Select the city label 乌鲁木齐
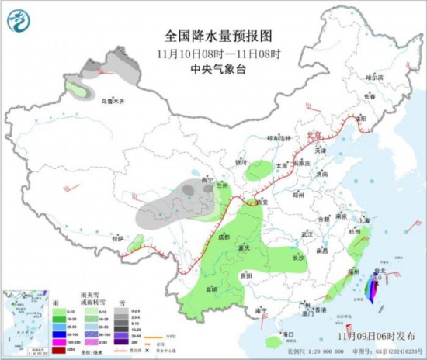[x=113, y=100]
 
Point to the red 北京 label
[x=314, y=134]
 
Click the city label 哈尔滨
[x=375, y=78]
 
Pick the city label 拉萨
[x=117, y=239]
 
